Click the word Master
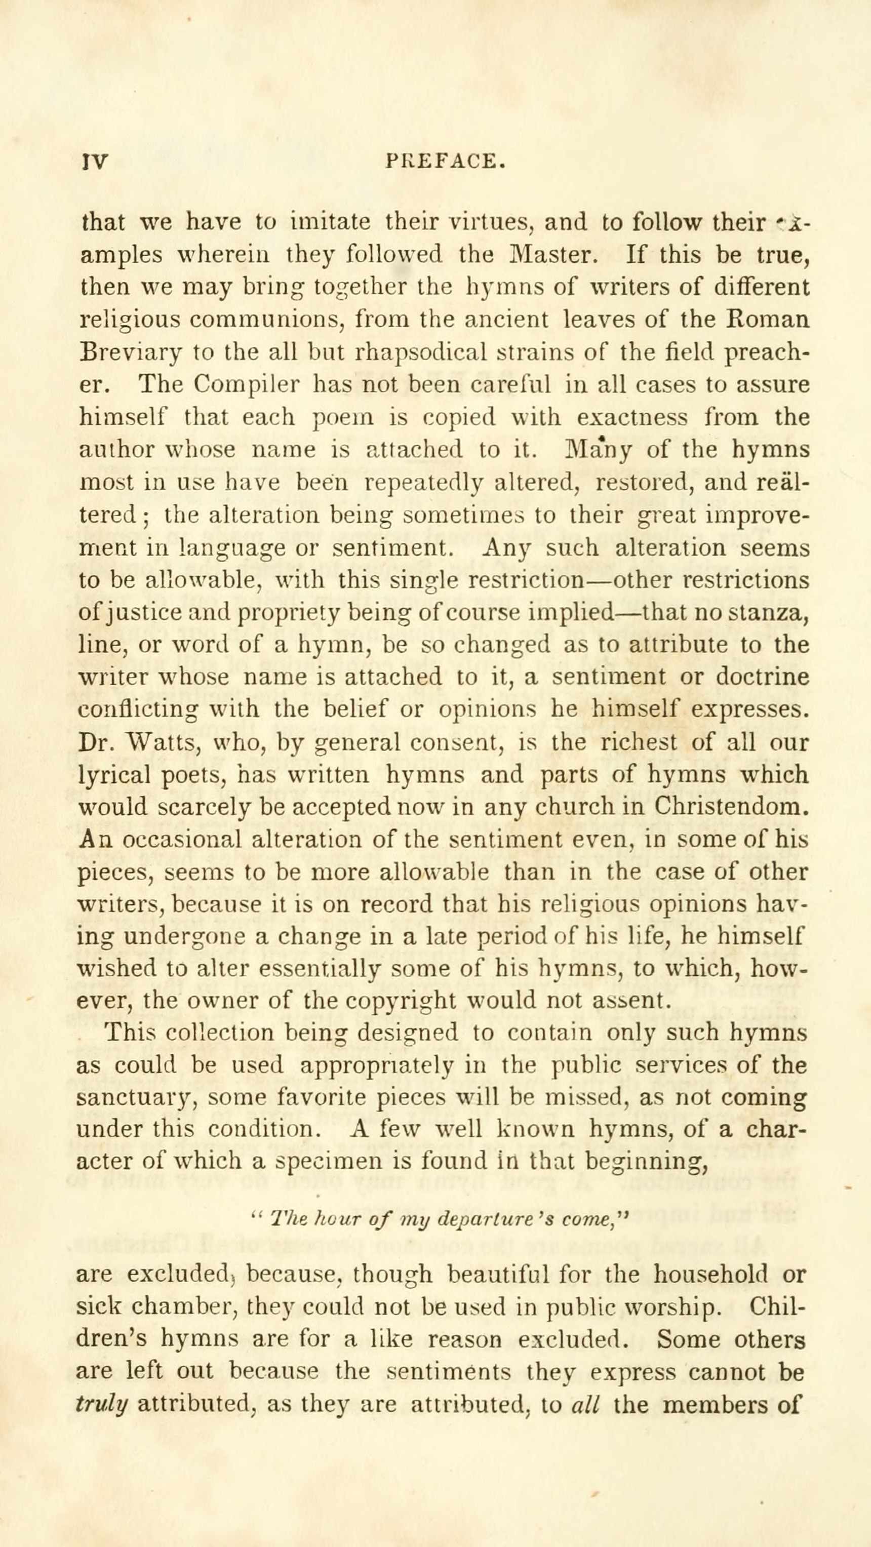pos(545,255)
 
